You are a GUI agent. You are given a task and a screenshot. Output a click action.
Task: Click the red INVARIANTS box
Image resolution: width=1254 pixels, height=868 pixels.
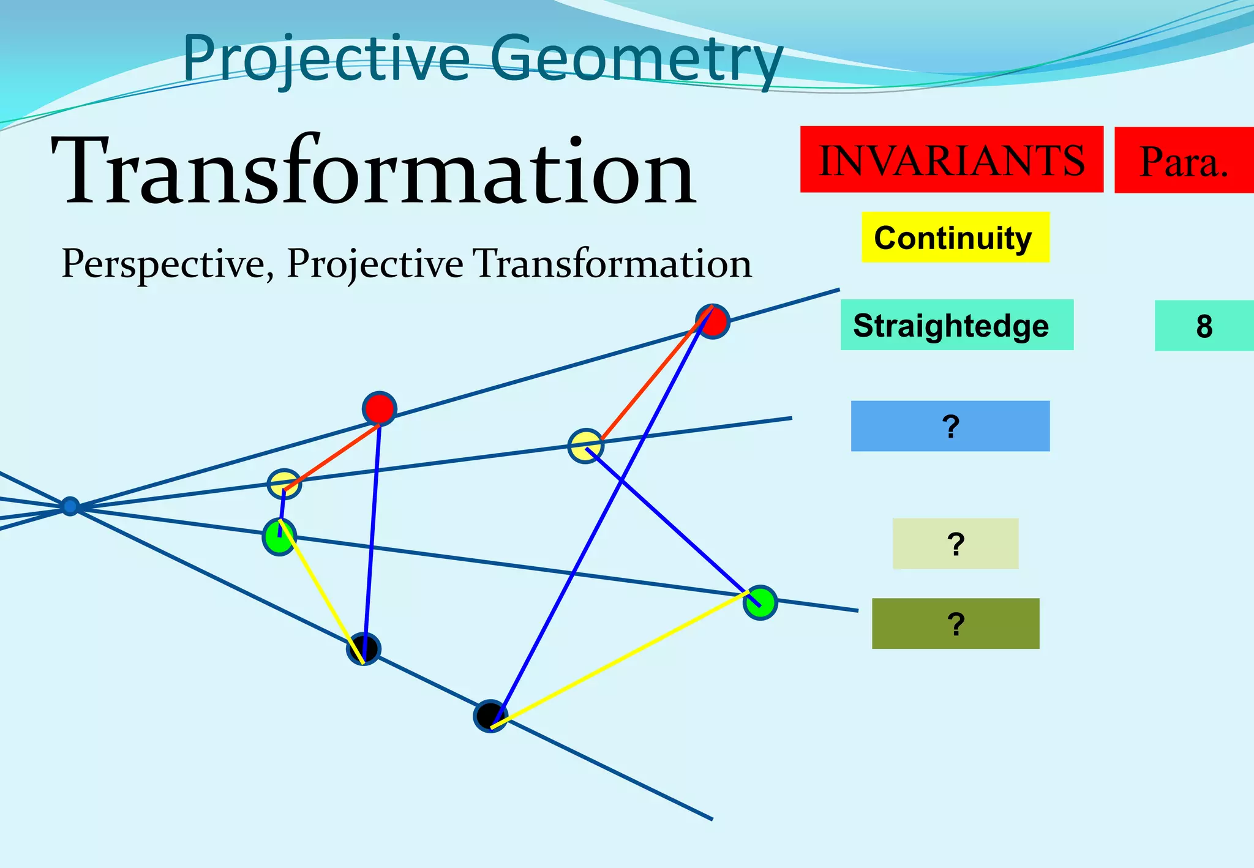[951, 160]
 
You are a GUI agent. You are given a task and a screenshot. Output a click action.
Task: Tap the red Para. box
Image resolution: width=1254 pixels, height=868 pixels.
[1184, 160]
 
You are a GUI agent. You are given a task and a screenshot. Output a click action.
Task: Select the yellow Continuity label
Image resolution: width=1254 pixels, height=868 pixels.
[955, 238]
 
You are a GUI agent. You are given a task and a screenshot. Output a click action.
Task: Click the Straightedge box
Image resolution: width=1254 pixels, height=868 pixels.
[956, 325]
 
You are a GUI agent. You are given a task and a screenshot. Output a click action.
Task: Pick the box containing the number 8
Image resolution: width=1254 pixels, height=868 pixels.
[1203, 326]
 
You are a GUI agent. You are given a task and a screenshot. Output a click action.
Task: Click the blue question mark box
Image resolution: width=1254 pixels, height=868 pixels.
[950, 426]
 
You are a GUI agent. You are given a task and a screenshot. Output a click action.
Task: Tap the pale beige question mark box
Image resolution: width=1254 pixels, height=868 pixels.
[955, 544]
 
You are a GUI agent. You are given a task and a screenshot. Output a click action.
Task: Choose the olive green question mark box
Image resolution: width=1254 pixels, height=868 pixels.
[955, 623]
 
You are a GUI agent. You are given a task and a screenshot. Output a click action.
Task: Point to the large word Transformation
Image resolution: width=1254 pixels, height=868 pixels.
[374, 171]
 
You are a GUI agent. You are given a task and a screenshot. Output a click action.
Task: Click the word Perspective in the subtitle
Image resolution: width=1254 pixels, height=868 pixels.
[163, 264]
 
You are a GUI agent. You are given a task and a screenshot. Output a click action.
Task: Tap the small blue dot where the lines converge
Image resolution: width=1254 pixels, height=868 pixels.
[70, 506]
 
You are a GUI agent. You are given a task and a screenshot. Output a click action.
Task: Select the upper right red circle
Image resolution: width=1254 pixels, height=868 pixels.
[713, 321]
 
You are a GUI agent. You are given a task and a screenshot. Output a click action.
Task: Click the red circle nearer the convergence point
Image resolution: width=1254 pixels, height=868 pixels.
[380, 408]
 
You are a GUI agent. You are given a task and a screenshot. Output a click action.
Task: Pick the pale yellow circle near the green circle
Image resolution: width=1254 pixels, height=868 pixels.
[284, 484]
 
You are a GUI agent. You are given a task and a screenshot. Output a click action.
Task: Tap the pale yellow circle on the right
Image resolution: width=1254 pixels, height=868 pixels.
[585, 446]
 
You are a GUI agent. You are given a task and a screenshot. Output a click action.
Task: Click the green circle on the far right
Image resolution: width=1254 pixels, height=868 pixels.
[760, 602]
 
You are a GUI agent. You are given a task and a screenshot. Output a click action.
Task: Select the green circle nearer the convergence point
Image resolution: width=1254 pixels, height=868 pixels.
[279, 536]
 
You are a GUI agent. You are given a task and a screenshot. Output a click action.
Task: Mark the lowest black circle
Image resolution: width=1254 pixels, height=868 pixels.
[490, 716]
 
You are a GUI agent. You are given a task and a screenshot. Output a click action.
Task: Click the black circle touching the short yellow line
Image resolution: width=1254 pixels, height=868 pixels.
[364, 648]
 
